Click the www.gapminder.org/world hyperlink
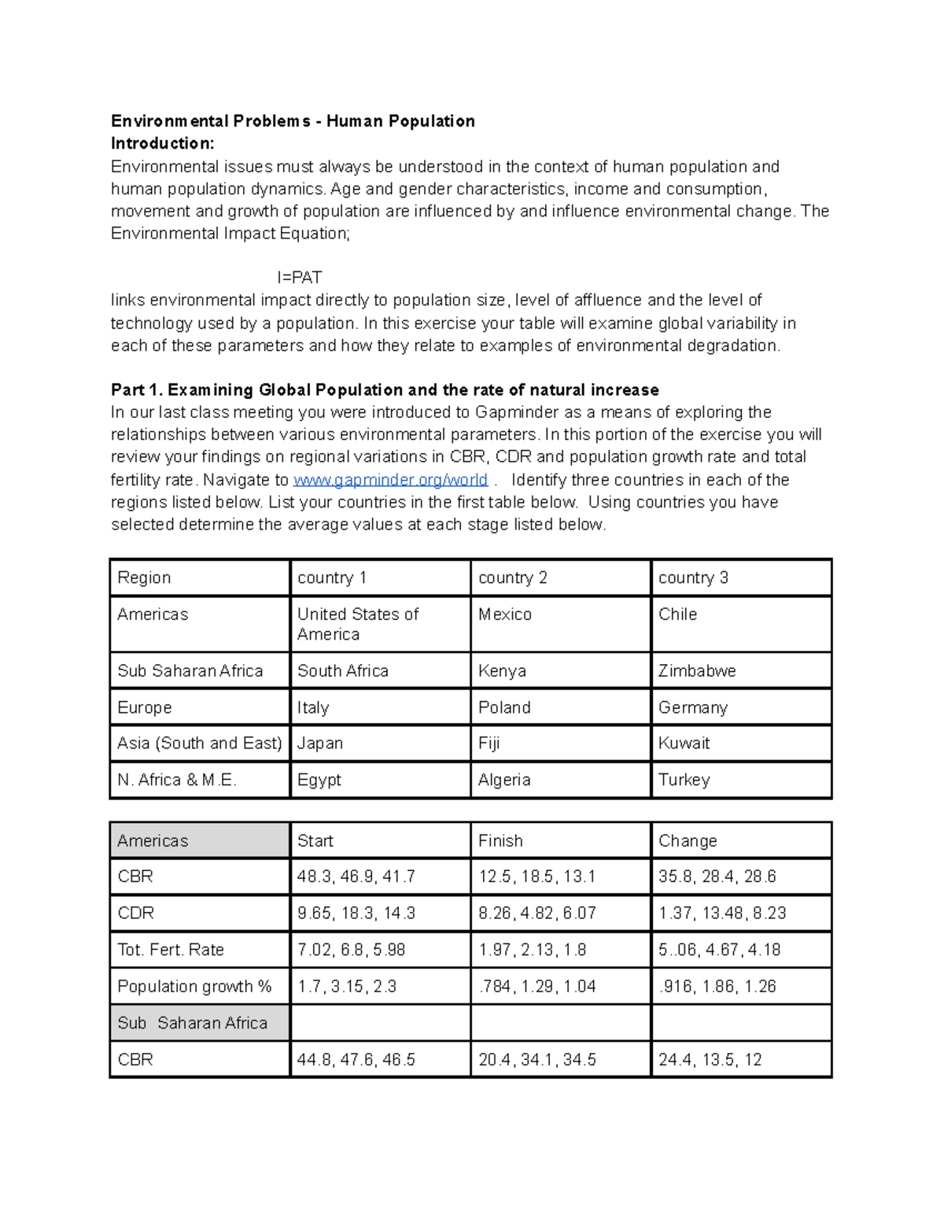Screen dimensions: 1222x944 point(390,480)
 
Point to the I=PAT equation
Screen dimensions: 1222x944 point(299,278)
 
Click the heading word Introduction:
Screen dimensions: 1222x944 point(162,143)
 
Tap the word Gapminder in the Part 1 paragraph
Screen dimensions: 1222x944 point(517,412)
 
